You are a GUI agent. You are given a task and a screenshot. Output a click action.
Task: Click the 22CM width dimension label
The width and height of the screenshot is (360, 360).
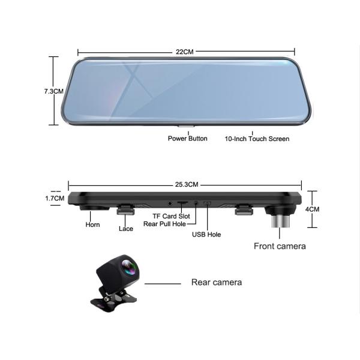(184, 52)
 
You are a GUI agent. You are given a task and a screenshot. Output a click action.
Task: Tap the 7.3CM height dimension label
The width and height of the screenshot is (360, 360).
(53, 91)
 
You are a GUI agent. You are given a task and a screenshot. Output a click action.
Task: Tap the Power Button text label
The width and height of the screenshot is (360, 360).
(188, 139)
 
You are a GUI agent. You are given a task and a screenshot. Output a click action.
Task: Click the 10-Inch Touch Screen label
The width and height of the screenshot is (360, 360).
(257, 139)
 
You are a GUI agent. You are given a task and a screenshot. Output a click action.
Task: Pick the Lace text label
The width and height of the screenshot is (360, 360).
(126, 229)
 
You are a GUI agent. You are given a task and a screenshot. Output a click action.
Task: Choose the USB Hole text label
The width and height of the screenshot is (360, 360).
(206, 235)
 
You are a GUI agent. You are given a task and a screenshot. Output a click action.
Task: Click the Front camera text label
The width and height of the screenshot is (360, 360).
(280, 246)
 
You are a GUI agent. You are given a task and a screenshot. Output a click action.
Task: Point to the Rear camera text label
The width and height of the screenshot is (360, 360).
(217, 281)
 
